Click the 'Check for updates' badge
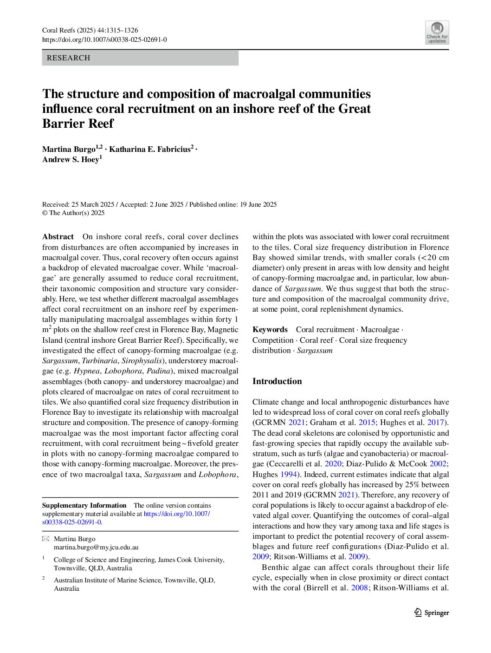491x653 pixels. coord(437,33)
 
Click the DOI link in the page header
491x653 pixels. coord(104,40)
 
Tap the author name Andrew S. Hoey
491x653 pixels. coord(71,160)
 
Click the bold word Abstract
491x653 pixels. coord(58,237)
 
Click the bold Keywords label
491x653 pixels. coord(270,330)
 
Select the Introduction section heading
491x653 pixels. coord(277,381)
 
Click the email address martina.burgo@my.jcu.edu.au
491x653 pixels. coord(96,547)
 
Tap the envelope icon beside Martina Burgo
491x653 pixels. coord(45,539)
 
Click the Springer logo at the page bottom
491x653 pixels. coord(432,613)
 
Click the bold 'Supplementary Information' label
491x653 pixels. coord(84,505)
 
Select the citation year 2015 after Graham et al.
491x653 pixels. coord(367,423)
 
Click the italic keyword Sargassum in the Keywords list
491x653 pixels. coord(315,351)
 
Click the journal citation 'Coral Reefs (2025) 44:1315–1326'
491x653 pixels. coord(90,31)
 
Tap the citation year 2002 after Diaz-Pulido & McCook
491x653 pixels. coord(438,464)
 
